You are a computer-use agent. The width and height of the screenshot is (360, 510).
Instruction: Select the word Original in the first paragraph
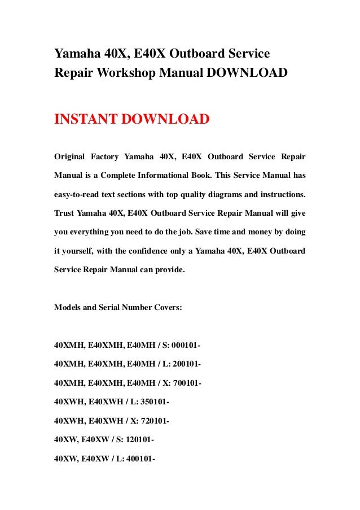point(69,156)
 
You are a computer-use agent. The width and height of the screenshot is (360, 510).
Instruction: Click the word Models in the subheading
point(67,307)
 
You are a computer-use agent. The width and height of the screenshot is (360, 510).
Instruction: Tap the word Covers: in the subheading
point(168,307)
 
